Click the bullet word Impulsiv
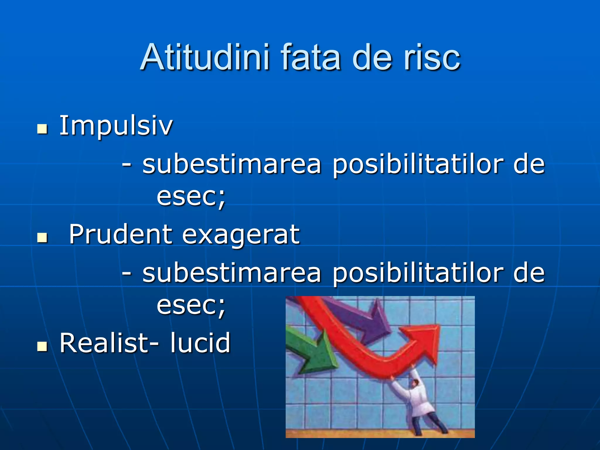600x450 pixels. pyautogui.click(x=116, y=126)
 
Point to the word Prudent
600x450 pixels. pyautogui.click(x=120, y=234)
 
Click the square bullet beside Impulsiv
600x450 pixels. pyautogui.click(x=42, y=129)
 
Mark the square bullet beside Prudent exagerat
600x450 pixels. pyautogui.click(x=42, y=238)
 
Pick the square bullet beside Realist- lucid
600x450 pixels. pyautogui.click(x=42, y=346)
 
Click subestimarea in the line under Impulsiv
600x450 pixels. pyautogui.click(x=232, y=164)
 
